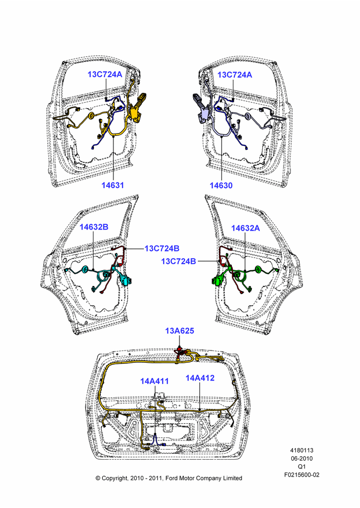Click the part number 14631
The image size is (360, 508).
tap(112, 185)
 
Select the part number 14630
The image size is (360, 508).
tap(221, 185)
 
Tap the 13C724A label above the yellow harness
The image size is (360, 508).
tap(105, 74)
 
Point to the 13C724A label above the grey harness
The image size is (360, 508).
tap(234, 75)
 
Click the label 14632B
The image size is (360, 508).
tap(94, 227)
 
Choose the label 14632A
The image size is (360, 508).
tap(246, 228)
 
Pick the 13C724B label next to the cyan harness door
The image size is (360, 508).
tap(162, 248)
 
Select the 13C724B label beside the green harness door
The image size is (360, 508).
tap(178, 261)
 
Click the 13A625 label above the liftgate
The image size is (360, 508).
tap(179, 331)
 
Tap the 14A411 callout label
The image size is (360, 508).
tap(155, 381)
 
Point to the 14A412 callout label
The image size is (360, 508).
tap(200, 378)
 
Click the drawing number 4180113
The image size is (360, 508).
tap(302, 450)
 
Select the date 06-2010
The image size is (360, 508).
tap(302, 458)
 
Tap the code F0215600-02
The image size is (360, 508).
tap(302, 474)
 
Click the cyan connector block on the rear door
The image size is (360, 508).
tap(126, 280)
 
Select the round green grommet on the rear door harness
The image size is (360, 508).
tap(258, 269)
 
